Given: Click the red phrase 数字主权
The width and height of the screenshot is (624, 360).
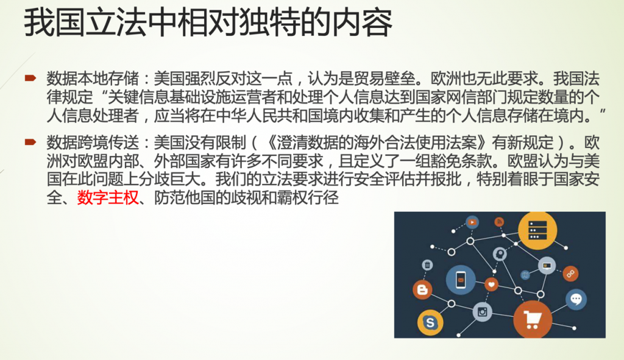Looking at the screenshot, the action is pos(107,198).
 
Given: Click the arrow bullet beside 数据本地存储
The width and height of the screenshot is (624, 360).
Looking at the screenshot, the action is pos(30,77).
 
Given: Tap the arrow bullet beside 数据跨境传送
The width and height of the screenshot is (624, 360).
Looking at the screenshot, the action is pos(30,141).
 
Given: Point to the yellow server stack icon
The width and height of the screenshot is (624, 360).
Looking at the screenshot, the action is pos(537,231).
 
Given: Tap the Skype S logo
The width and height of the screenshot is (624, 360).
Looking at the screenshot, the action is pos(430,322).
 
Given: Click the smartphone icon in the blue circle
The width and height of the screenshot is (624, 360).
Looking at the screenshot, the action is pos(461,280).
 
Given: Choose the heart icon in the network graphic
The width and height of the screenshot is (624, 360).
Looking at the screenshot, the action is pos(492,284).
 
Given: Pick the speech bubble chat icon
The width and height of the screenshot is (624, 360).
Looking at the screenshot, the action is pos(576,299).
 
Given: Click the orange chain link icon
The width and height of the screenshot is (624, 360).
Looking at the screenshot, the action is pos(570,274).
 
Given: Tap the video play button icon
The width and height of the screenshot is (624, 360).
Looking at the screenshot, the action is pos(472,222).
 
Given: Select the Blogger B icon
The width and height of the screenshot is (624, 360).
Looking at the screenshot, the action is pos(423,290).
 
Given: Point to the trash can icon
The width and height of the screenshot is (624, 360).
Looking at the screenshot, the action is pos(427,264).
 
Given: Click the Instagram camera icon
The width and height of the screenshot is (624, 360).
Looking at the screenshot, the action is pos(483,312).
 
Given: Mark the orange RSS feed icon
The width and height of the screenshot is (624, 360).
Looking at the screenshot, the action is pos(499,222).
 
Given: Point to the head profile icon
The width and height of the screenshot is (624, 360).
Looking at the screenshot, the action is pos(500,253).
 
